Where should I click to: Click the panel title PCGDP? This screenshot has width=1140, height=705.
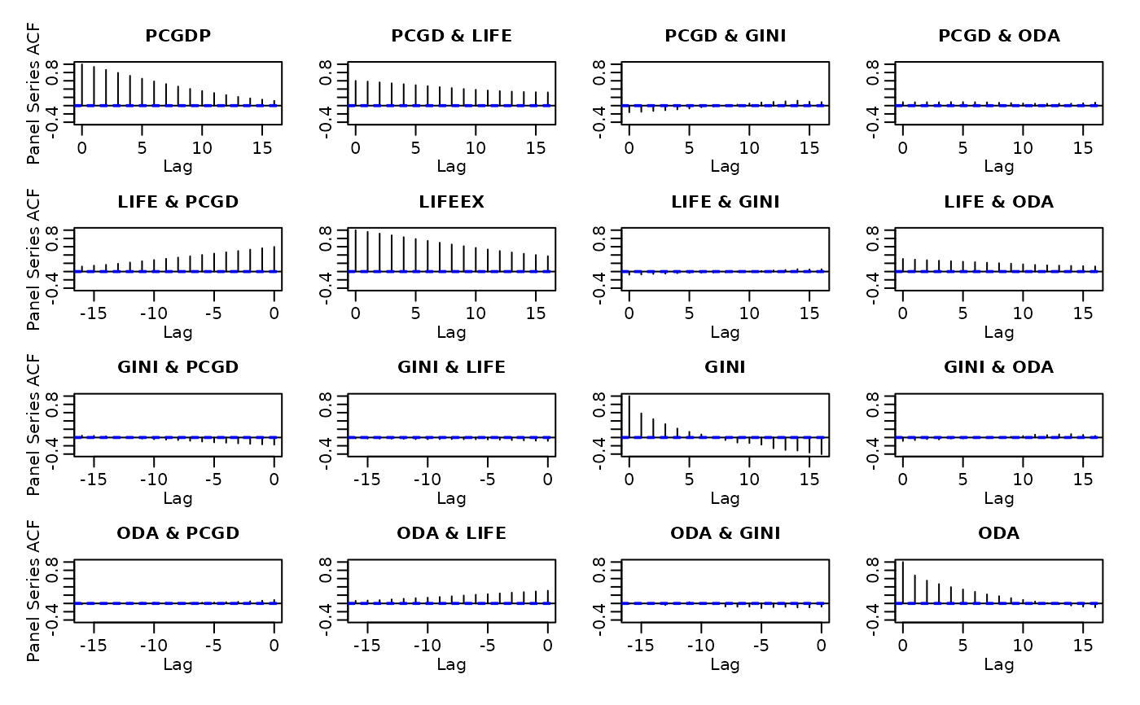coord(178,36)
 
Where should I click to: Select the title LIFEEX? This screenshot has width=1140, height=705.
coord(451,202)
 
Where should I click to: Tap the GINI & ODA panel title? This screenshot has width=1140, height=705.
coord(998,367)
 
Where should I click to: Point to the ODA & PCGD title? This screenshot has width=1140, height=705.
coord(178,533)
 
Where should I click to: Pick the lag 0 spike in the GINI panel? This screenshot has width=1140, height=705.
coord(629,416)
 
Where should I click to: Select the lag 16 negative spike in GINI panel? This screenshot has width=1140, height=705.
coord(822,446)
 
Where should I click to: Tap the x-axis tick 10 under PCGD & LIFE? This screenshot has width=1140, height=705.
coord(476,148)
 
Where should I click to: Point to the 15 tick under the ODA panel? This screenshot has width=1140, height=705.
coord(1083,646)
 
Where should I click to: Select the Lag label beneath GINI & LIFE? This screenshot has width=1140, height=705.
coord(451,498)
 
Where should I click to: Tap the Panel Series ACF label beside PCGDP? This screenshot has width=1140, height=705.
coord(33,94)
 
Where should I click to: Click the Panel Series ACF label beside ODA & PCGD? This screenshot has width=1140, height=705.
coord(33,591)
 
